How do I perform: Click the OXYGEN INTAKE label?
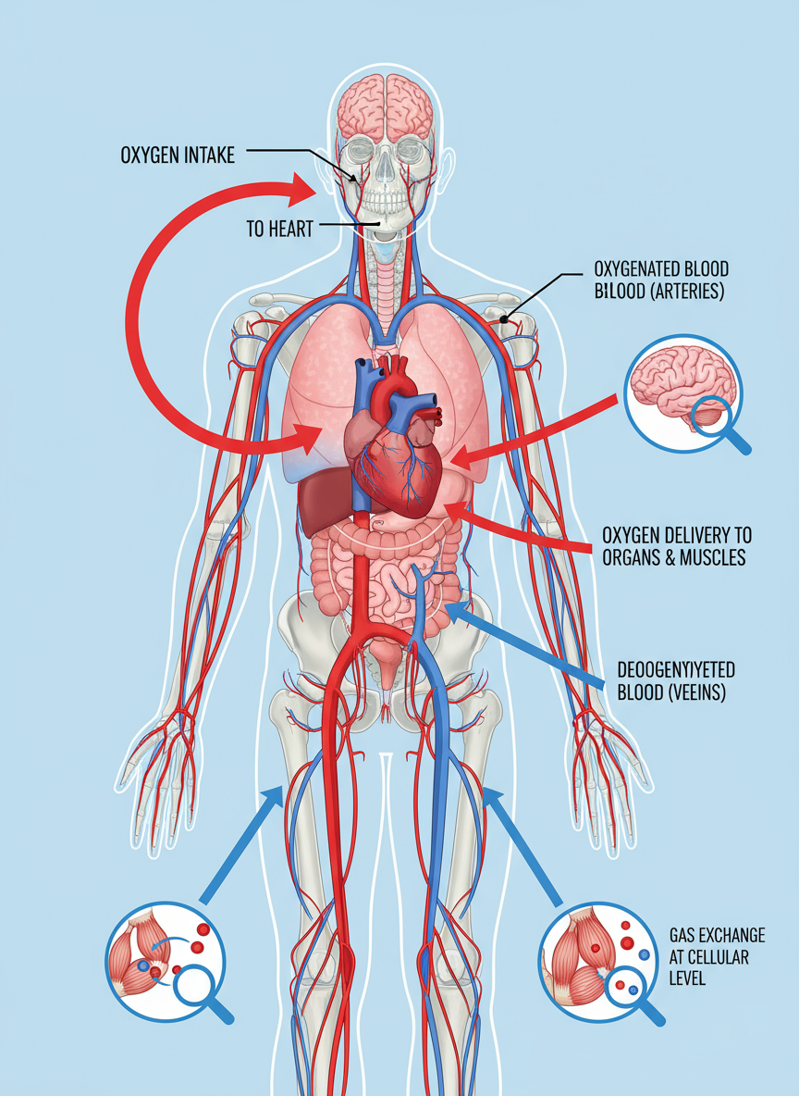(177, 155)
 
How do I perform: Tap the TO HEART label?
(279, 229)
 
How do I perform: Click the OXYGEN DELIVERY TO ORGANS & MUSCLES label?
(676, 546)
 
